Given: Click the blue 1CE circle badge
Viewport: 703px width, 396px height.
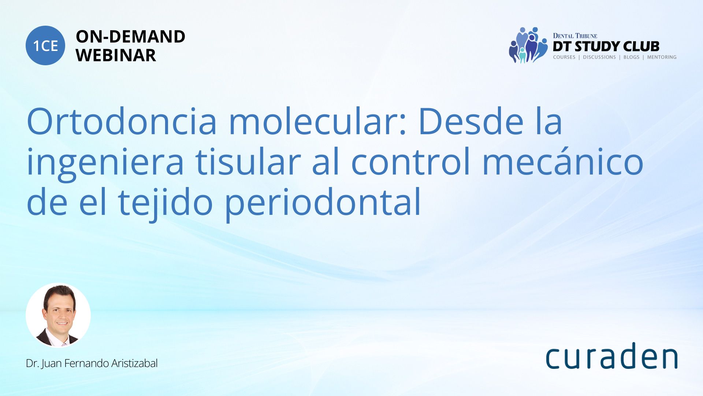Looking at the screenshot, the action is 45,45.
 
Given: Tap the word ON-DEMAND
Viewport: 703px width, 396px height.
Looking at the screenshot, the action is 130,37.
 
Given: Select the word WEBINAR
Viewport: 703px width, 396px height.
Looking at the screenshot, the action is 116,55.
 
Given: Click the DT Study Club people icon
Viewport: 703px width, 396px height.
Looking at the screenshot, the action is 528,45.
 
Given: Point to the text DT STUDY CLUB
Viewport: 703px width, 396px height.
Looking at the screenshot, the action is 606,47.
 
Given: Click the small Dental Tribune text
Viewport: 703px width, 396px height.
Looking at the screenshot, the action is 575,36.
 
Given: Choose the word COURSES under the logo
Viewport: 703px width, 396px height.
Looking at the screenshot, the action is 564,57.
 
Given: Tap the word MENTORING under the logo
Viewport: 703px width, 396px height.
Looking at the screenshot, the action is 662,57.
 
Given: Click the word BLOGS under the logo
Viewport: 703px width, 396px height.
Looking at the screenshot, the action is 631,57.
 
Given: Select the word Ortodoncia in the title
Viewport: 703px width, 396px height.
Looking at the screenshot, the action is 122,121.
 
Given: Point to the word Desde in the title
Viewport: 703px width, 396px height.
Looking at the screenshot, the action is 471,121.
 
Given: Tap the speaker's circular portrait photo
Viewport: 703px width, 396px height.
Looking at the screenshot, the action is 58,315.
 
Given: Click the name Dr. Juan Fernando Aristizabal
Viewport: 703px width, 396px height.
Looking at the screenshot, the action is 92,363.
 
